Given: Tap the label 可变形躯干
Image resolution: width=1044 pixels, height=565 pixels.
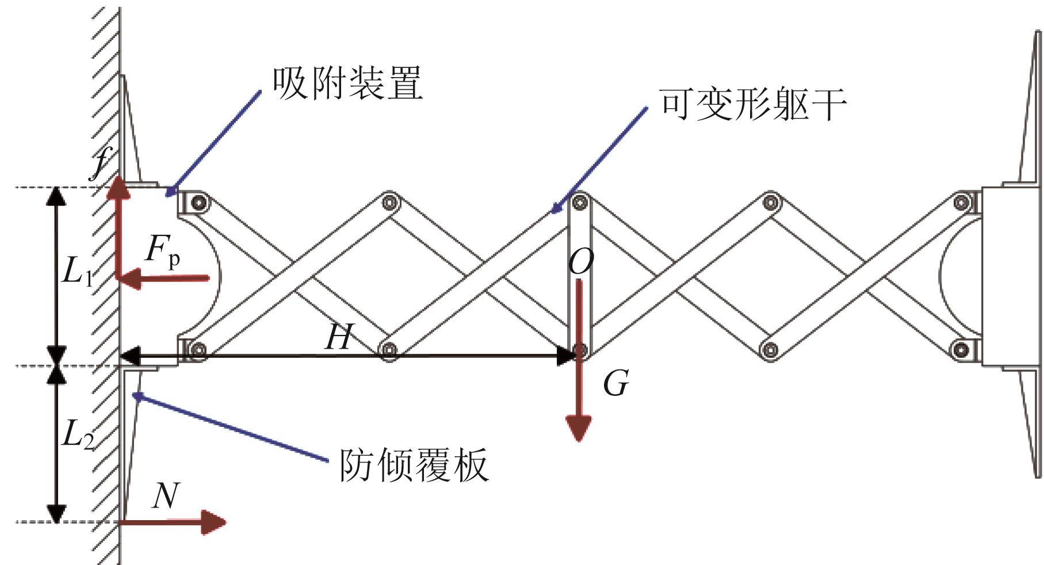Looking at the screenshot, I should [753, 105].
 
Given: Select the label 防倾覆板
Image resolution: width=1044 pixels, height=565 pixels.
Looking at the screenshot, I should [414, 464].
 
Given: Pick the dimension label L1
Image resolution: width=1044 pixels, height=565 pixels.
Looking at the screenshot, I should [77, 271].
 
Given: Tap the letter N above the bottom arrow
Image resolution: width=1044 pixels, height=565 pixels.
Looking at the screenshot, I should [165, 495].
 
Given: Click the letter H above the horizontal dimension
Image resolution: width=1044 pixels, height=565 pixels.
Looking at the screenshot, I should [338, 337].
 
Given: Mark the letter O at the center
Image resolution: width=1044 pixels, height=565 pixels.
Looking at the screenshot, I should [580, 262].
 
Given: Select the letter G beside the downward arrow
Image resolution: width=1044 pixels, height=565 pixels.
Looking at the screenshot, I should [615, 384].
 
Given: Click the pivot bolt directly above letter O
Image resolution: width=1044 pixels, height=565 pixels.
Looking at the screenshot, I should [580, 202].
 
